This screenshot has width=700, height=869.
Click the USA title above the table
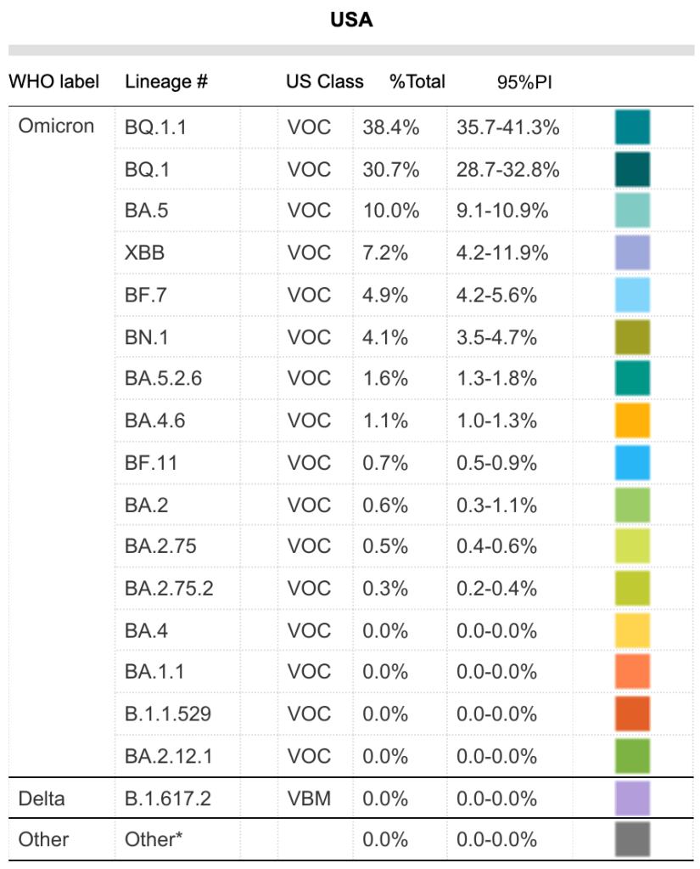click(351, 20)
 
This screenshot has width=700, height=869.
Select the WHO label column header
click(53, 82)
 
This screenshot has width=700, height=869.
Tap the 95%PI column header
click(525, 82)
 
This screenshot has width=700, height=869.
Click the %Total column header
click(417, 82)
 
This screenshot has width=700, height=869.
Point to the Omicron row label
click(56, 127)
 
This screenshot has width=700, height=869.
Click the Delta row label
click(42, 798)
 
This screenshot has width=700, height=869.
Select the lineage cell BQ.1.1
click(155, 127)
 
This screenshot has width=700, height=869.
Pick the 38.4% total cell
click(390, 127)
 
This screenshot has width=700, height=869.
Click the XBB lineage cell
click(144, 253)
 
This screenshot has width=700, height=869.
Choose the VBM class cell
click(309, 798)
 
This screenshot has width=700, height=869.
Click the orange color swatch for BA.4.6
click(632, 420)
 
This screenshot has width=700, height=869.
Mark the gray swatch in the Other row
click(632, 839)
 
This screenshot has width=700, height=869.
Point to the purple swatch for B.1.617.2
click(632, 798)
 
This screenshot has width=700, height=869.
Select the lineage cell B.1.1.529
click(167, 714)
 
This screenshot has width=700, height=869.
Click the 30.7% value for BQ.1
click(390, 169)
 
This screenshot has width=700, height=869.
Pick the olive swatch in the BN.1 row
click(632, 337)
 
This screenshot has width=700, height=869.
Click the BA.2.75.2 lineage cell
click(169, 588)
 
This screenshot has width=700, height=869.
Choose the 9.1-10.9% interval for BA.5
click(502, 211)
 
